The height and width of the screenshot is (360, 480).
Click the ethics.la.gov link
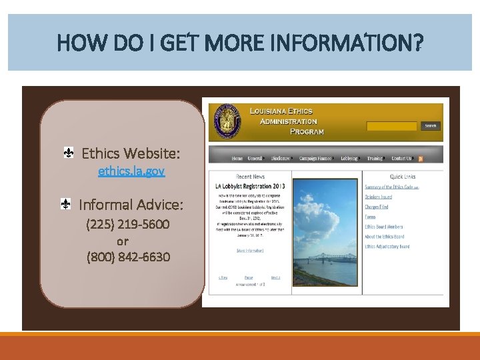tap(131, 171)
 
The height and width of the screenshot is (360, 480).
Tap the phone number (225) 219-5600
tap(128, 224)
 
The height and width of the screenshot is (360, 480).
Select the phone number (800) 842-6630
tap(128, 257)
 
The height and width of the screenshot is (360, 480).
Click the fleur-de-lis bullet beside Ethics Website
tap(69, 153)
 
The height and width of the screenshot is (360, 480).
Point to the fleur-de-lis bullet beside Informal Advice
tap(67, 204)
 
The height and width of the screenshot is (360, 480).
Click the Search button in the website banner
tap(431, 125)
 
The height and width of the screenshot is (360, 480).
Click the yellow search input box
tap(392, 125)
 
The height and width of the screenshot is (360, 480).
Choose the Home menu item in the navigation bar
tap(237, 159)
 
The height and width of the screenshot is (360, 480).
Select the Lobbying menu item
tap(349, 159)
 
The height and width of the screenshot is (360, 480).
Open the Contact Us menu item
tap(401, 159)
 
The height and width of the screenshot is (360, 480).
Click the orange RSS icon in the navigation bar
tap(421, 159)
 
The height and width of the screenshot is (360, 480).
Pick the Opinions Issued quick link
tap(379, 197)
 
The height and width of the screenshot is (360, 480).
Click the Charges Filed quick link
tap(377, 207)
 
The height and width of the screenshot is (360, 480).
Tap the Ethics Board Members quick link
tap(384, 227)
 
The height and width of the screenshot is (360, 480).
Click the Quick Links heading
tap(403, 177)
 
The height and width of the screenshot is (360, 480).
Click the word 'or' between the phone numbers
tap(123, 241)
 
